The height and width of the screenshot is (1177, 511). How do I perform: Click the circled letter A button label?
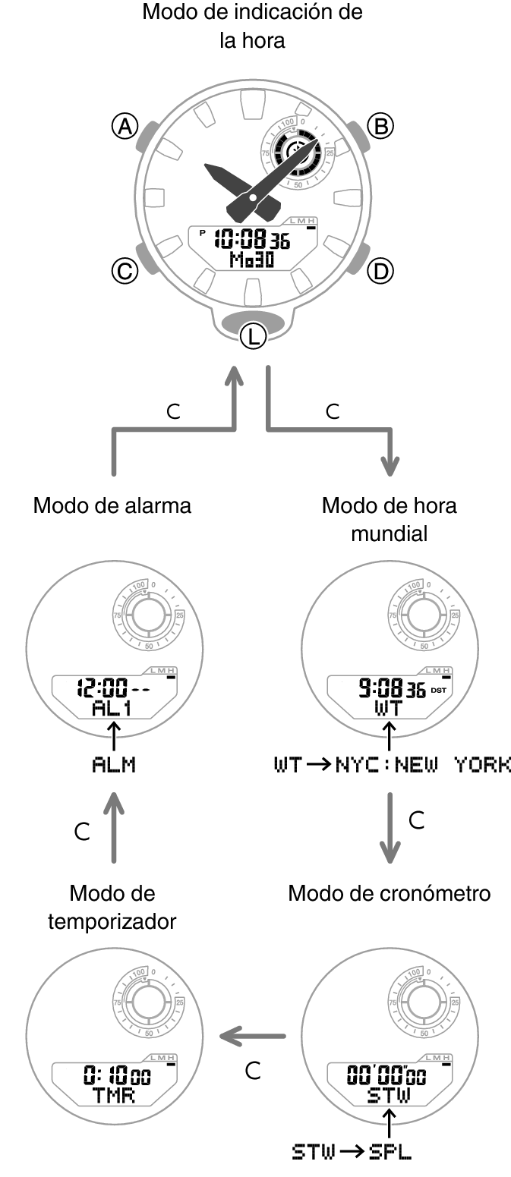(125, 127)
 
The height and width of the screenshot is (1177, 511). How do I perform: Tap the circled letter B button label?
(380, 126)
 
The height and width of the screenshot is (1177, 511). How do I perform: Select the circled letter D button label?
(380, 271)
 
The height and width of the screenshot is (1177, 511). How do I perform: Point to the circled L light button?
(253, 336)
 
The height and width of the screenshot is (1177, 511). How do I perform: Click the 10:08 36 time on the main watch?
(251, 240)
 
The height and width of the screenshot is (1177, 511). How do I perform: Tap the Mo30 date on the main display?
(252, 260)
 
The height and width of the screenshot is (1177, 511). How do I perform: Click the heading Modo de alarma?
(112, 505)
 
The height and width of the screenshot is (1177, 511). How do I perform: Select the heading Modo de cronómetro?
(389, 893)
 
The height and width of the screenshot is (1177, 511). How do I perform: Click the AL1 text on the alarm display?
(112, 708)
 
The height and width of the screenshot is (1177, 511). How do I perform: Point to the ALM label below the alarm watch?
(114, 764)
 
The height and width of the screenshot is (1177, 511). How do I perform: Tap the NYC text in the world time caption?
(357, 764)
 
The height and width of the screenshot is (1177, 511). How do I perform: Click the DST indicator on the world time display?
(438, 691)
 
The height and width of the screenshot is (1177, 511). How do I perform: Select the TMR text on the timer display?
(114, 1096)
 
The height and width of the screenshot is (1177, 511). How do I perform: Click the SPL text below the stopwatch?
(390, 1152)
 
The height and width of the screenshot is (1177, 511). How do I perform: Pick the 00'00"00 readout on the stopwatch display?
(386, 1075)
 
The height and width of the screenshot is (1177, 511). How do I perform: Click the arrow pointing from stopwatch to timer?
(252, 1036)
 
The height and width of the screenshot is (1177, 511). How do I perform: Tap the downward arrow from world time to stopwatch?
(390, 828)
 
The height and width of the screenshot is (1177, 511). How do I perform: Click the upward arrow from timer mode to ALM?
(114, 828)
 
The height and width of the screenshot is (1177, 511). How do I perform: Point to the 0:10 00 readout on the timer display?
(117, 1075)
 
